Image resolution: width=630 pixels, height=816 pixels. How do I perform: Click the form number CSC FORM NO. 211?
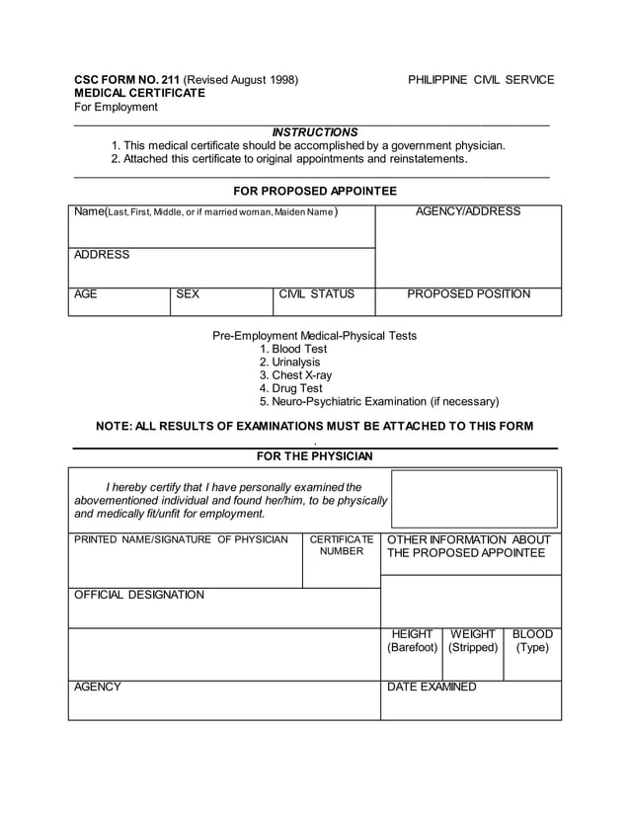point(127,80)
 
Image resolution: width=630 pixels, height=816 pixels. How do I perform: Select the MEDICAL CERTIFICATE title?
point(140,93)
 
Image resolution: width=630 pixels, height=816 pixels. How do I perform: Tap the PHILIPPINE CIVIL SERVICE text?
point(481,80)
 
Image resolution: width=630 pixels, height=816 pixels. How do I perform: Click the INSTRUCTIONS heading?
point(315,132)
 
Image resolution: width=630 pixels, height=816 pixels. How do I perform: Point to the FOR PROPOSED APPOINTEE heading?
point(315,191)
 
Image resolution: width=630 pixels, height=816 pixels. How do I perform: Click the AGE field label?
point(87,294)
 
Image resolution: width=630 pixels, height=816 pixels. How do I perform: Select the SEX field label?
point(188,294)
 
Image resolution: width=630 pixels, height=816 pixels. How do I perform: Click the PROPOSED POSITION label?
point(468,294)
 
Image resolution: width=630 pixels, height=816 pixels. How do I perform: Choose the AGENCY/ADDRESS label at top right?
point(468,211)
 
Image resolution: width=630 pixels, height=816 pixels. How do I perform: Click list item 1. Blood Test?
point(293,350)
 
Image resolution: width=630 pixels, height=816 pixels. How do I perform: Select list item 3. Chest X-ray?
point(296,375)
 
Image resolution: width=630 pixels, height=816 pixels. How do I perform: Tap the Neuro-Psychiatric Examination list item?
point(379,402)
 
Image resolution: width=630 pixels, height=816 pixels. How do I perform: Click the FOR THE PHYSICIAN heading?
point(315,456)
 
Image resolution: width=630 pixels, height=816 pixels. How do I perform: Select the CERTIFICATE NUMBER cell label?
point(341,545)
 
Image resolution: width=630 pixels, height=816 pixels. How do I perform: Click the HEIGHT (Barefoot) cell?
point(412,641)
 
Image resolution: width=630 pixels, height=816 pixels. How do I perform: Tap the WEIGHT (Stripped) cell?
point(473,641)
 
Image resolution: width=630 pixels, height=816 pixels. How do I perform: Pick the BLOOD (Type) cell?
point(532,641)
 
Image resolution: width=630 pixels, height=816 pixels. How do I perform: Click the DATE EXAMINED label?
point(432,688)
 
